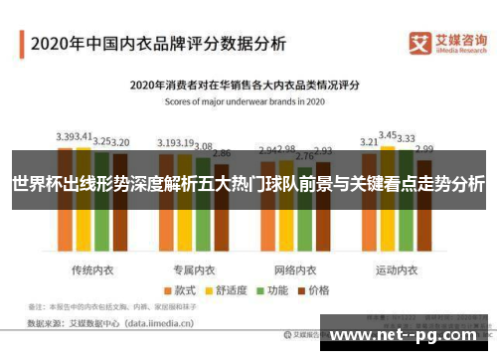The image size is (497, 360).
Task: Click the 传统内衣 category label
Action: point(90,243)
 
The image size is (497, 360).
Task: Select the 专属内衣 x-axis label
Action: point(194,243)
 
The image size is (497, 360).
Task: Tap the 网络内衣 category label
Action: point(295,243)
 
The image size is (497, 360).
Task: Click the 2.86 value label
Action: point(222,153)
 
